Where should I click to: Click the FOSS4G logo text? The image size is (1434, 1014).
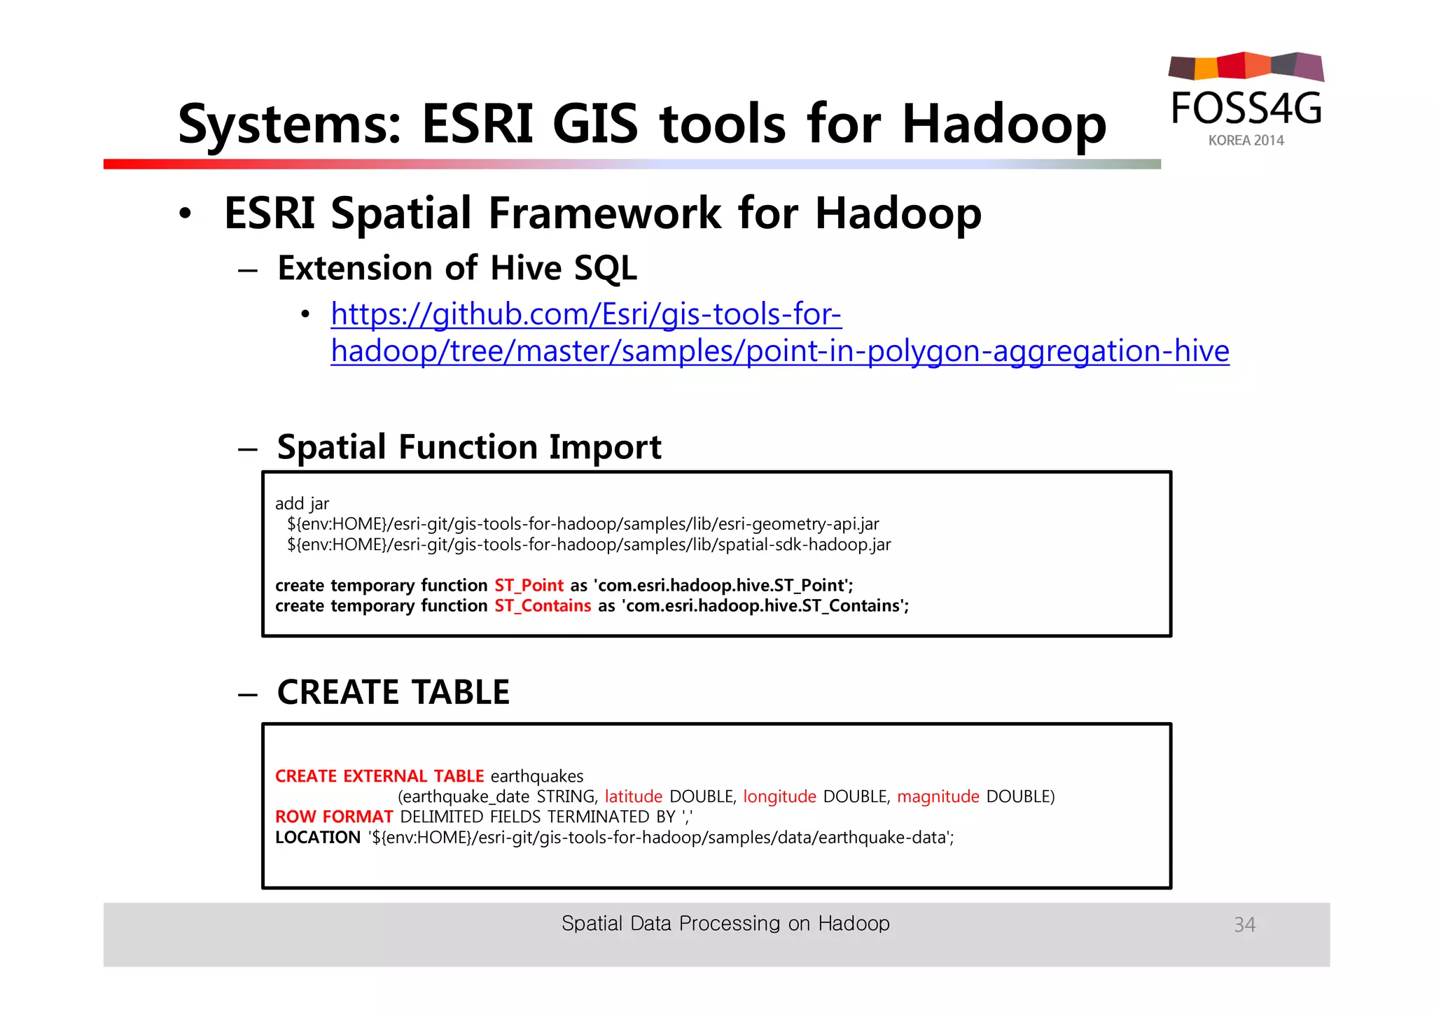[x=1246, y=108]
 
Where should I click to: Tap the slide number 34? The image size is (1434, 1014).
[x=1244, y=924]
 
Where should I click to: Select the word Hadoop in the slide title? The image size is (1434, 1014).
[x=1004, y=125]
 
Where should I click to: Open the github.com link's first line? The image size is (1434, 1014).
[x=586, y=314]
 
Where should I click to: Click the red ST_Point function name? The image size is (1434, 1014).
[x=529, y=585]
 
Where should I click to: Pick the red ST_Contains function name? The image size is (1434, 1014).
[x=543, y=605]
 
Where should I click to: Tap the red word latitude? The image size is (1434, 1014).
[x=633, y=796]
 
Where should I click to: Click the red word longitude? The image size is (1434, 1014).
[x=779, y=796]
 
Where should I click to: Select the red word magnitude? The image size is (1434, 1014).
[x=938, y=796]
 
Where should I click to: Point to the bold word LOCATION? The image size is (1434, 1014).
[x=317, y=837]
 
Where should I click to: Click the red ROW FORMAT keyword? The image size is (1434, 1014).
[x=333, y=817]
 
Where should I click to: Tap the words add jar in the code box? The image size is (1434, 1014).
[x=302, y=504]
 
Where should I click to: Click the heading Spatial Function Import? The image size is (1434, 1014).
[x=468, y=447]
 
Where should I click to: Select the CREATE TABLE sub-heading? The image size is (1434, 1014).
[x=393, y=692]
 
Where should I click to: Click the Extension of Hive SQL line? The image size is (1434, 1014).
[x=457, y=269]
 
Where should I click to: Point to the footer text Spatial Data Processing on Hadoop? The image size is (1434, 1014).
[x=725, y=924]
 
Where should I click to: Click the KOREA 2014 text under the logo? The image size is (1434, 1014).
[x=1246, y=141]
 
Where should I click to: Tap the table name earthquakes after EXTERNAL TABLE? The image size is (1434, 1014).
[x=536, y=776]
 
